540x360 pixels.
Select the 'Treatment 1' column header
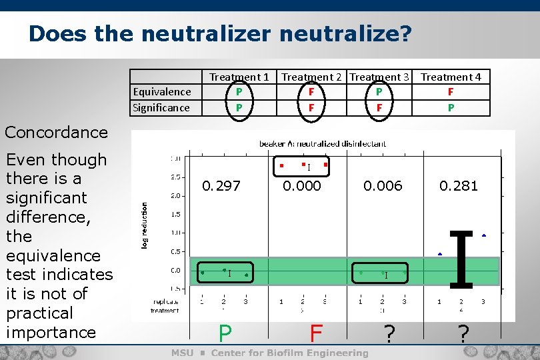tap(239, 77)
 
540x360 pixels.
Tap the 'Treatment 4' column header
tap(451, 77)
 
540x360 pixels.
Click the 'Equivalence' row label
tap(162, 92)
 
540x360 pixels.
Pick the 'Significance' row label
tap(161, 108)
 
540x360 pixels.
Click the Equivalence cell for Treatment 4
tap(451, 92)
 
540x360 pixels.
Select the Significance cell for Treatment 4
tap(451, 108)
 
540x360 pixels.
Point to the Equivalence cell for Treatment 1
tap(239, 92)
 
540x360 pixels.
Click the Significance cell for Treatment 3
tap(379, 108)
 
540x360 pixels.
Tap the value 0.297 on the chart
tap(221, 186)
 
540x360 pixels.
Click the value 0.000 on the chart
tap(302, 186)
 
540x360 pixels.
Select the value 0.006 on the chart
tap(383, 186)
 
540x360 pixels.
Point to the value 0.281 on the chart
tap(459, 186)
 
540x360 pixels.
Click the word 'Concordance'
tap(56, 132)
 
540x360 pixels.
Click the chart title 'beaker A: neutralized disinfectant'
tap(323, 143)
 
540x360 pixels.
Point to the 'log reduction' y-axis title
tap(144, 226)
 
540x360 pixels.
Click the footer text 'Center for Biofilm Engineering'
tap(289, 353)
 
